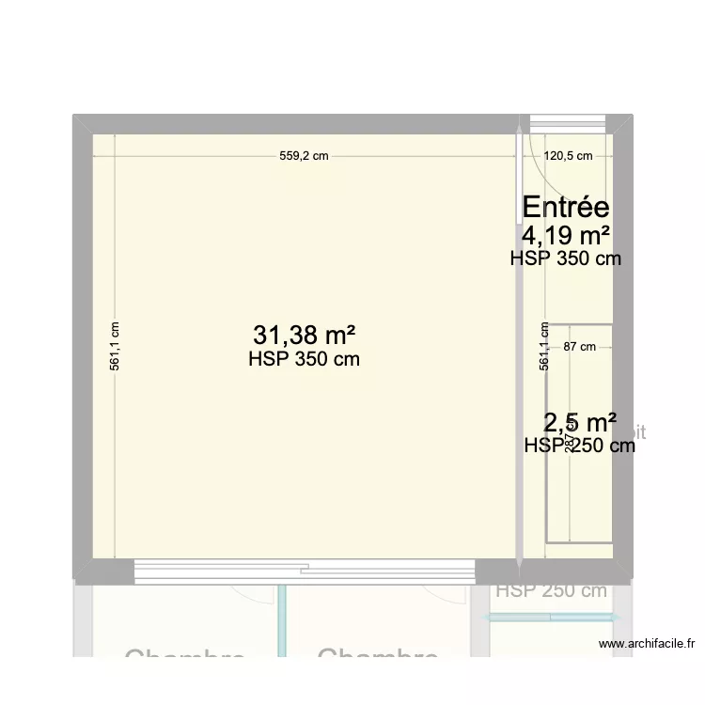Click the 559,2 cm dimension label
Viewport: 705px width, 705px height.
point(304,157)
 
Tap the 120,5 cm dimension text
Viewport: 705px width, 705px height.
point(569,157)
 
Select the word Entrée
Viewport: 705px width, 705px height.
point(565,207)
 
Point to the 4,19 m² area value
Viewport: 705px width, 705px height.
point(566,234)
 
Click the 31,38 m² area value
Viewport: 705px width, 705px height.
point(304,335)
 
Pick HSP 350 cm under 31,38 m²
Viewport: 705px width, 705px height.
point(304,359)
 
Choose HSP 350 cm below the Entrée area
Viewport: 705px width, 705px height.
point(565,258)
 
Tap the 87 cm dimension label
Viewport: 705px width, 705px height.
point(580,347)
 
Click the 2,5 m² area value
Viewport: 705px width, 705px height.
point(580,422)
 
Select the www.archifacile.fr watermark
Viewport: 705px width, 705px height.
point(646,644)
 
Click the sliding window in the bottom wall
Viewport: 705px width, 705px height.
point(304,570)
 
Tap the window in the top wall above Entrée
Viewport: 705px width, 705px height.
point(568,123)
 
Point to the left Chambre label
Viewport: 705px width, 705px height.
point(184,657)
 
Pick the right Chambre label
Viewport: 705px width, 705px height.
point(378,657)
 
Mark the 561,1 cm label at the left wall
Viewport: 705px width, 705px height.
point(115,347)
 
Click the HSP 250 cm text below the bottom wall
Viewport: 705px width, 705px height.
point(552,591)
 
